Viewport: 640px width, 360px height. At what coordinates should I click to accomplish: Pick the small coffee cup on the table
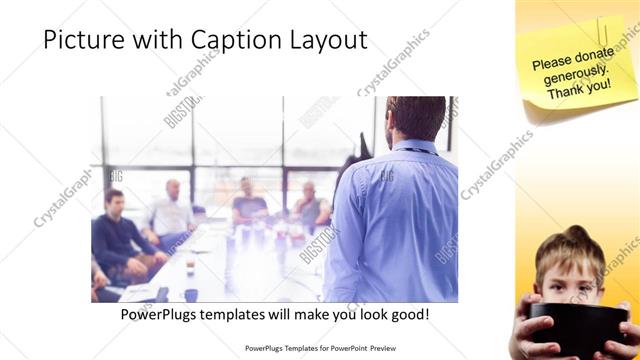click(189, 268)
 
